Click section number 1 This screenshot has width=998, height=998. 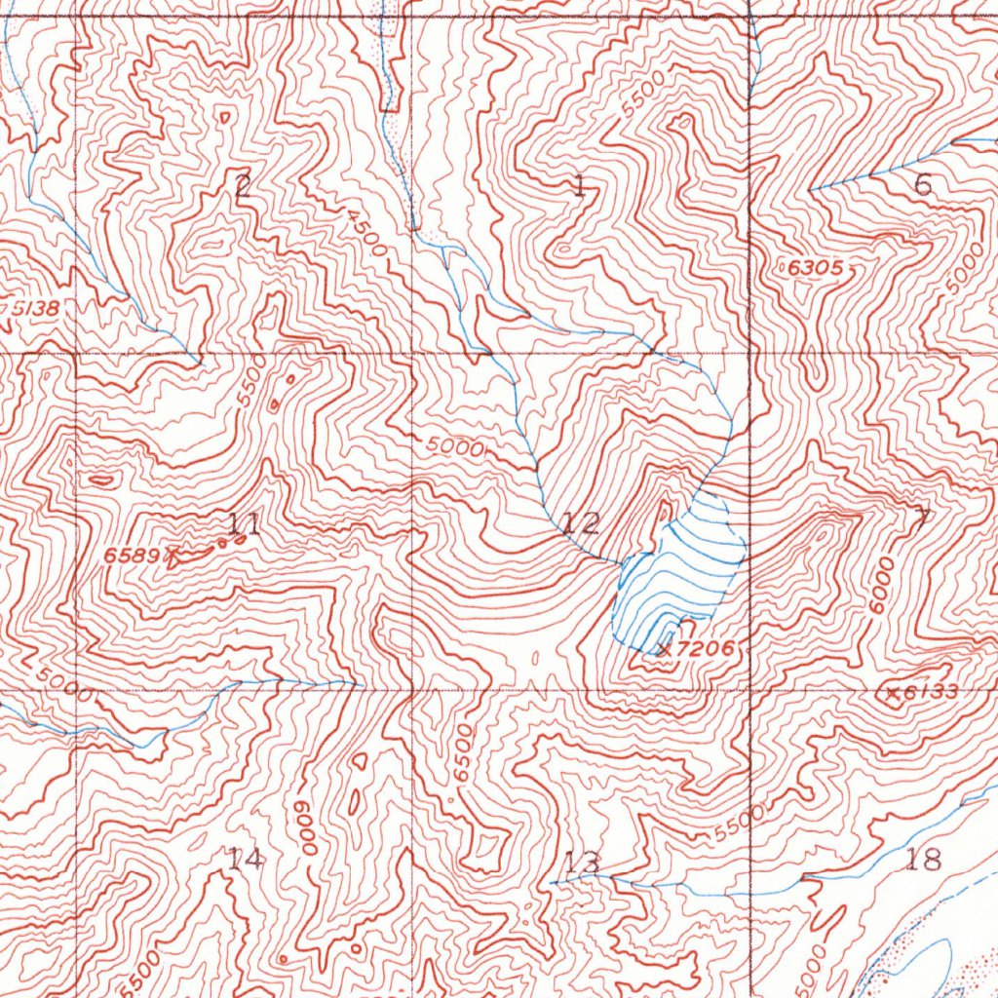(580, 185)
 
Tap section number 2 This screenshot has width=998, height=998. (243, 184)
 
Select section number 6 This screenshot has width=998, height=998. (923, 184)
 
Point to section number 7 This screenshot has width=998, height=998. (921, 519)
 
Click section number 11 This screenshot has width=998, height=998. (243, 524)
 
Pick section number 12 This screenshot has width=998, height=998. (582, 523)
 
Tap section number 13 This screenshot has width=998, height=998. (582, 862)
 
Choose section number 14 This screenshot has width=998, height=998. (245, 859)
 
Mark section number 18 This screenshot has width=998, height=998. (923, 859)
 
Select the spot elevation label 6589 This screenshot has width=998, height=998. (132, 555)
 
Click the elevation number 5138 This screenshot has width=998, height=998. (33, 309)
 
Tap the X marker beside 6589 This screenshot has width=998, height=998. (173, 557)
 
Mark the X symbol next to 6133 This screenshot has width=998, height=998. (892, 694)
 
